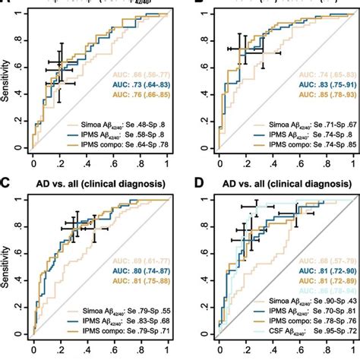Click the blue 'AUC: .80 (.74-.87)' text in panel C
pos(138,269)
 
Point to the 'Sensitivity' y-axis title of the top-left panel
pos(7,76)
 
